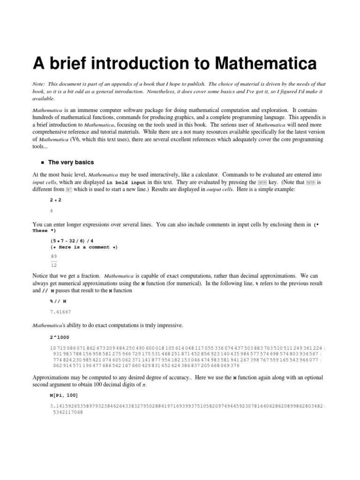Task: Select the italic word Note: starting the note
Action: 38,82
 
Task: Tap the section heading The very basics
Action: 71,162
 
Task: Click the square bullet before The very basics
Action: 42,163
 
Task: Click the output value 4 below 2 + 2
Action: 51,211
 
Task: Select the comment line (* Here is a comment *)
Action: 84,247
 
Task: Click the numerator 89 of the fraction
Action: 53,256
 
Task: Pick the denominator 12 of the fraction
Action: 53,265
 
